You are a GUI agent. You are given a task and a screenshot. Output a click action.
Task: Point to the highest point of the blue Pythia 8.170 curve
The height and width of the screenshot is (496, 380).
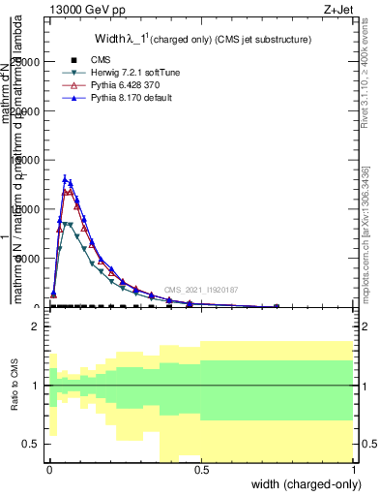tap(65, 178)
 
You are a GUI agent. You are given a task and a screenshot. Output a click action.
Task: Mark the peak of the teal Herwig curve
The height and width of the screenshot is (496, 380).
tap(66, 224)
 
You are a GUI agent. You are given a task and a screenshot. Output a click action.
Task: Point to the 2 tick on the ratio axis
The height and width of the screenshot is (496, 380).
tap(35, 327)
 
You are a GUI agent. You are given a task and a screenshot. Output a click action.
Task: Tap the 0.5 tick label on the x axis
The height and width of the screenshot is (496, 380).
tap(202, 470)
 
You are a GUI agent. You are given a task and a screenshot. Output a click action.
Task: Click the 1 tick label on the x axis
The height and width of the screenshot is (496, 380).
tap(354, 470)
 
